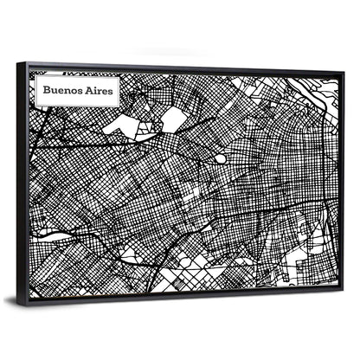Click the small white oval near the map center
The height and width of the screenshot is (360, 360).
(x=221, y=158)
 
